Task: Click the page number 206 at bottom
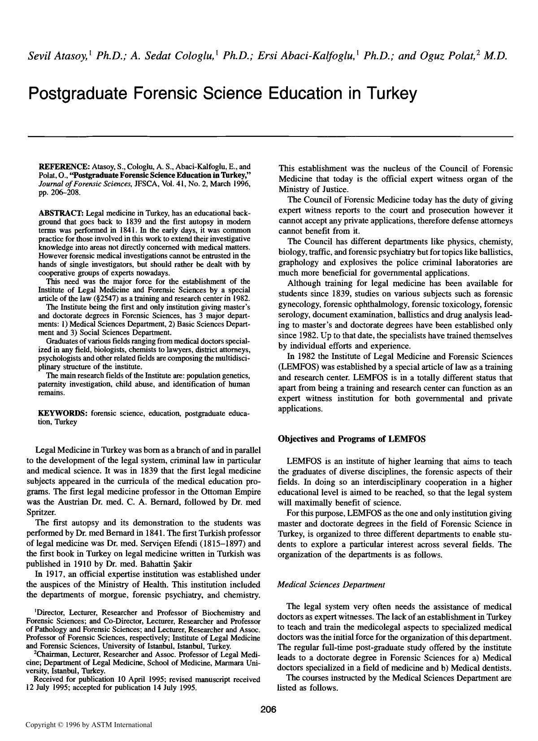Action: tap(268, 710)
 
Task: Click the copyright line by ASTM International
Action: tap(88, 724)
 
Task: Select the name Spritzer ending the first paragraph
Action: tap(41, 512)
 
